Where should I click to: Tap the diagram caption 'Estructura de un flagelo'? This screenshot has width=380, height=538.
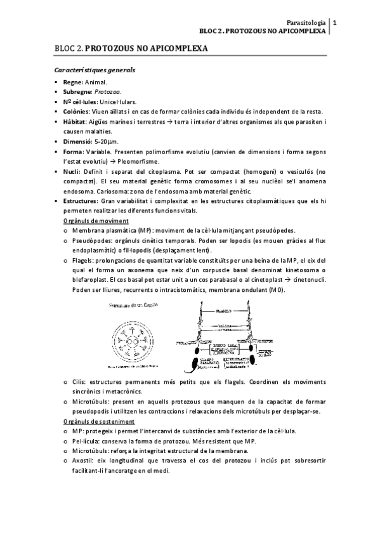coord(134,305)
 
